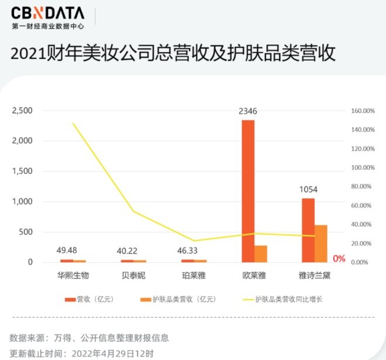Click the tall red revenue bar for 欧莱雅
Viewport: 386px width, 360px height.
[248, 191]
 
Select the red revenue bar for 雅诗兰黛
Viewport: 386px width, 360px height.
[308, 230]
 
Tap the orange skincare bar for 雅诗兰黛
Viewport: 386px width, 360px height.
[320, 244]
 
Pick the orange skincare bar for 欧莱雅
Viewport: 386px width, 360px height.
[261, 253]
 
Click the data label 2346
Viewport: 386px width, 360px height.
[248, 111]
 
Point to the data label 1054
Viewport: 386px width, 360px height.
[309, 189]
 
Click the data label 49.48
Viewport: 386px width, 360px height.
[67, 251]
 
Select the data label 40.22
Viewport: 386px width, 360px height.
[127, 251]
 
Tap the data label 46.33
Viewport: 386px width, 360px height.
[188, 251]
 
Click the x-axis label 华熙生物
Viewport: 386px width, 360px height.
[73, 274]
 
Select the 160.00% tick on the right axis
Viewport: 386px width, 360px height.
[362, 111]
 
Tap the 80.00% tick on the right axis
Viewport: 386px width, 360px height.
[362, 186]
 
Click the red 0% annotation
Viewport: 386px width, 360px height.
[339, 259]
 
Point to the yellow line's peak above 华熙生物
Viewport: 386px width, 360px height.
[73, 123]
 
